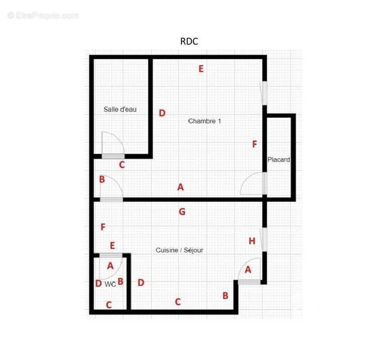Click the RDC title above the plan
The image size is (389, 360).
(189, 41)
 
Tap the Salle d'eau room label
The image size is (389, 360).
(120, 109)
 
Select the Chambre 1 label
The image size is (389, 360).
(204, 121)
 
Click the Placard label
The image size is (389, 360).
(279, 160)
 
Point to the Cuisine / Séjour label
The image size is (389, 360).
(179, 250)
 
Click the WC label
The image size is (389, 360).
(110, 284)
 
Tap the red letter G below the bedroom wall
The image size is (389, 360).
(182, 212)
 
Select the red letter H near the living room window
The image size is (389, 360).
(252, 241)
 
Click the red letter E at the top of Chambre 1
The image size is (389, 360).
(201, 69)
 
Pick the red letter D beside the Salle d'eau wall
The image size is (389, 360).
(162, 113)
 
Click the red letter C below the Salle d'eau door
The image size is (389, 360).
(122, 165)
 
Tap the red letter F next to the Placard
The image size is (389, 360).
(254, 144)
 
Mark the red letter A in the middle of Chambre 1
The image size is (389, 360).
(181, 187)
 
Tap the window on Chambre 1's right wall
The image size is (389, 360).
(263, 93)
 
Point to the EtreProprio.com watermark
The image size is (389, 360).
(43, 16)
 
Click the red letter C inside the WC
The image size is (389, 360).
(109, 305)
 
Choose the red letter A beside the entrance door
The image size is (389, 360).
(248, 270)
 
